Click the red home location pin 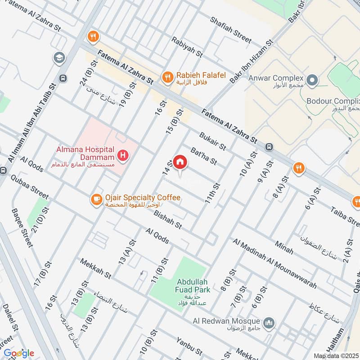180,162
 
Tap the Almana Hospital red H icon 122,156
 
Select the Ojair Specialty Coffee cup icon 96,199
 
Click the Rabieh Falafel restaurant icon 168,77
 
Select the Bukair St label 212,139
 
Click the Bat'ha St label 203,155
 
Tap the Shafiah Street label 230,31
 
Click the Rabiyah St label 187,47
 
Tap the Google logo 19,353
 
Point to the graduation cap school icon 58,58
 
